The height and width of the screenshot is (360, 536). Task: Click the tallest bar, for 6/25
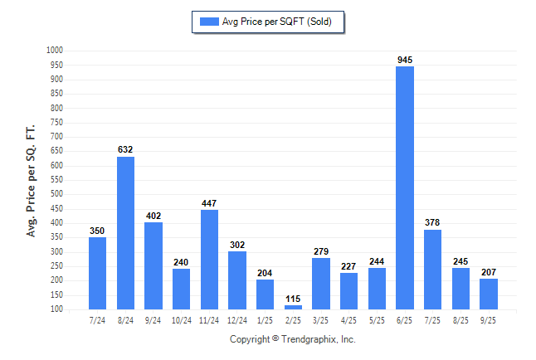(405, 187)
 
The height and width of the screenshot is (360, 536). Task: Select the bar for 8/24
(125, 232)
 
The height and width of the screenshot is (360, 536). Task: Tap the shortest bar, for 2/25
(293, 307)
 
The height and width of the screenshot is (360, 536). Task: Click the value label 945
(405, 60)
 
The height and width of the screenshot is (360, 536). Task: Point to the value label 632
(125, 149)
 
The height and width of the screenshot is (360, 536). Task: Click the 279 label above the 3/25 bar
(321, 251)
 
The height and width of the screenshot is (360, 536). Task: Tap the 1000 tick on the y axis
(55, 51)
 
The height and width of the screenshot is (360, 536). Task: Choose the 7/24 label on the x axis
(97, 320)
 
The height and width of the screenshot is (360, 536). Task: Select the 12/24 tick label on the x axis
(237, 320)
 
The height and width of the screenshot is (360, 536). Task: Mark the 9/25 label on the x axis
(489, 320)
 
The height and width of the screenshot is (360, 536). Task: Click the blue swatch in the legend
(208, 22)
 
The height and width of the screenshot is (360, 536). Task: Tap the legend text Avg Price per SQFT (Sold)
(277, 22)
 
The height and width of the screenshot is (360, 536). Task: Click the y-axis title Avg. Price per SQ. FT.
(32, 181)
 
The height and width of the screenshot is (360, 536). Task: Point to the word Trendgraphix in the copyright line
(310, 339)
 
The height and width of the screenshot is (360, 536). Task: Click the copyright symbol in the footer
(275, 339)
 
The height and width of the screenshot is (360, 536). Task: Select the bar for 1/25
(266, 294)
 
